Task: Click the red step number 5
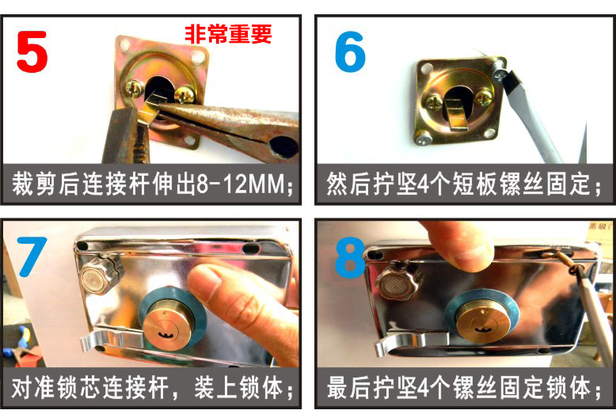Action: pos(32,53)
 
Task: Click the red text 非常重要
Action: pos(228,33)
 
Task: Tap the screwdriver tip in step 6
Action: pos(502,74)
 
